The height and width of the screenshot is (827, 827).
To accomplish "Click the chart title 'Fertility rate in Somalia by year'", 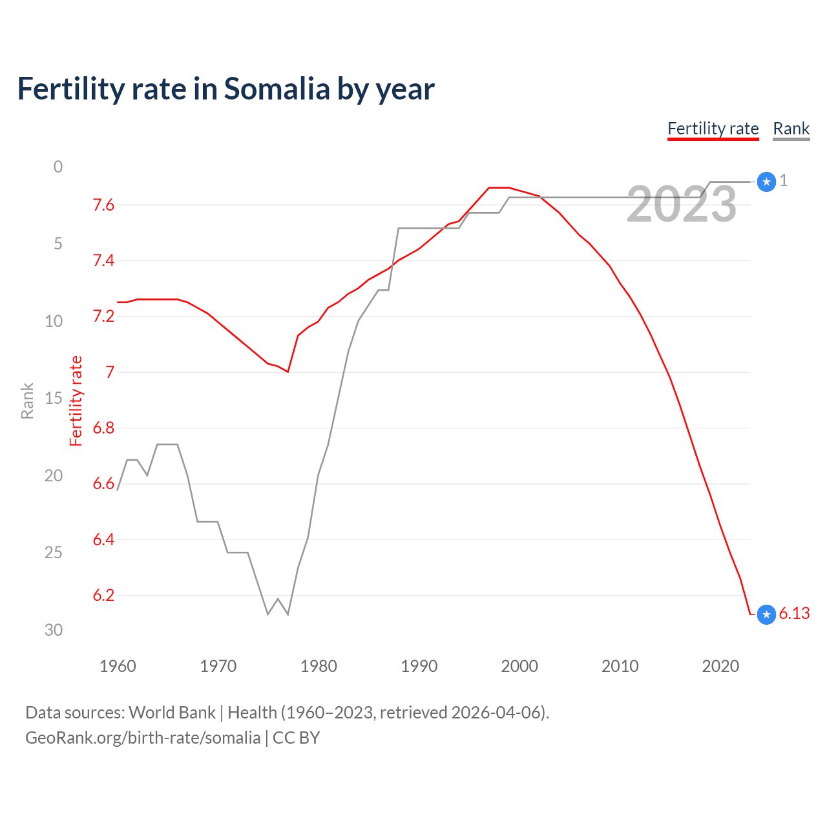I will [225, 89].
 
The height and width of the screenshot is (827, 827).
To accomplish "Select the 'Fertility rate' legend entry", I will [713, 129].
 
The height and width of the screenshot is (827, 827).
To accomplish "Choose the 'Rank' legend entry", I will [791, 129].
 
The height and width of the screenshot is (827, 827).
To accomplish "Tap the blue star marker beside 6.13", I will [766, 614].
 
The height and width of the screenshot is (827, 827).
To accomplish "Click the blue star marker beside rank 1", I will [766, 182].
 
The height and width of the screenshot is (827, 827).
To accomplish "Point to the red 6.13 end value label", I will [794, 614].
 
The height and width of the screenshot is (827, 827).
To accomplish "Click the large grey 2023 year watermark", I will [682, 205].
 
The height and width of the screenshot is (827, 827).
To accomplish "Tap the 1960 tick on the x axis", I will [118, 666].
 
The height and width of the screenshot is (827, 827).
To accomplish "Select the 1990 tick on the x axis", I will [419, 666].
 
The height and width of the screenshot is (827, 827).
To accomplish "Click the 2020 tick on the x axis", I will [720, 666].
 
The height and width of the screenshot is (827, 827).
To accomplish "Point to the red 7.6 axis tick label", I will [103, 205].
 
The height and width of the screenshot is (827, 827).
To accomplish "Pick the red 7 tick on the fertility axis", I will [110, 372].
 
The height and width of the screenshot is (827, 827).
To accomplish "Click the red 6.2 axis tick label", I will [103, 595].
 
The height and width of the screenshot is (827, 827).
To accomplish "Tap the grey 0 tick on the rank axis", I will [58, 167].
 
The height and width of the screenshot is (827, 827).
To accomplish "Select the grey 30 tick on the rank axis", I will [54, 630].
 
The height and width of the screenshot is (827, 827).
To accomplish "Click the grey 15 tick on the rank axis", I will [54, 398].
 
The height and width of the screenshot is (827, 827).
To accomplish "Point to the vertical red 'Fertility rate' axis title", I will [76, 401].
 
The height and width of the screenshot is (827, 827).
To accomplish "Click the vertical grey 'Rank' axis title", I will [27, 401].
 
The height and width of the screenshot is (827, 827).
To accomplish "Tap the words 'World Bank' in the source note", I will [172, 713].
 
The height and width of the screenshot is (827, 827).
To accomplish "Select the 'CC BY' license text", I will [296, 738].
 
